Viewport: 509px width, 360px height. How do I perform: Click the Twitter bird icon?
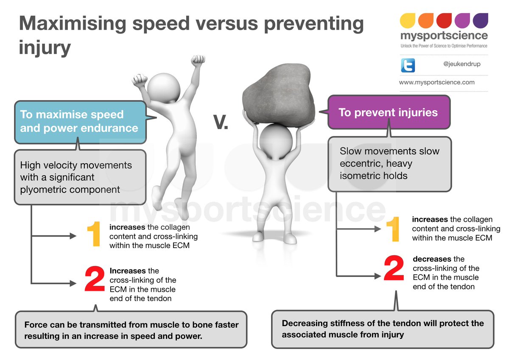pos(408,65)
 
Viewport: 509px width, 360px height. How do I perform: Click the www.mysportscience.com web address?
pos(436,82)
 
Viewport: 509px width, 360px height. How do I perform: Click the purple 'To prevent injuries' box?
pos(388,112)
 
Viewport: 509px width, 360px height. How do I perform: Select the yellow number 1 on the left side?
pos(93,235)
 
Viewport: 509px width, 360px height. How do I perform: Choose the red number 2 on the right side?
pos(394,268)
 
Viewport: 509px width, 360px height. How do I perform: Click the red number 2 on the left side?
pos(94,279)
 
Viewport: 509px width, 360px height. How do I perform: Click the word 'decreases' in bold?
pos(432,259)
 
